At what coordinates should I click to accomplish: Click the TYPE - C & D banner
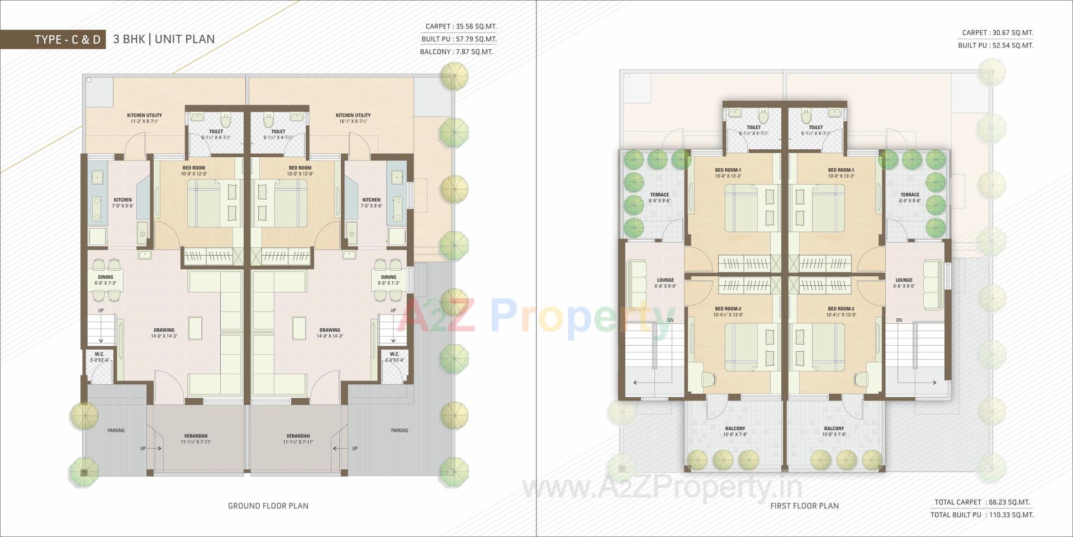(68, 39)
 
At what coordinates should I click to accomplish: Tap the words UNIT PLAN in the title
(185, 39)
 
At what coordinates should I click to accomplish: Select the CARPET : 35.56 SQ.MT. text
(460, 26)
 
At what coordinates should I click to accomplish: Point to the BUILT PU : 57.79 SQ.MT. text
(459, 39)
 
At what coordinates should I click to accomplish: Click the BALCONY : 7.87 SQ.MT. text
(457, 52)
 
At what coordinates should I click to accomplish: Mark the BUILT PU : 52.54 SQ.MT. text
(995, 45)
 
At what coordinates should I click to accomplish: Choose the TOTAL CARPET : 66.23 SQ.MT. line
(982, 502)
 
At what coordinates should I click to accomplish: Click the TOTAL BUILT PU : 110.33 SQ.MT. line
(982, 515)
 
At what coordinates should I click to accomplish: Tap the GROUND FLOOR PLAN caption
(268, 506)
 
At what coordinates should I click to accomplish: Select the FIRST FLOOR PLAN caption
(805, 506)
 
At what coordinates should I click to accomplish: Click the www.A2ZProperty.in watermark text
(662, 488)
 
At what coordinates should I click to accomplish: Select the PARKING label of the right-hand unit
(400, 430)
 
